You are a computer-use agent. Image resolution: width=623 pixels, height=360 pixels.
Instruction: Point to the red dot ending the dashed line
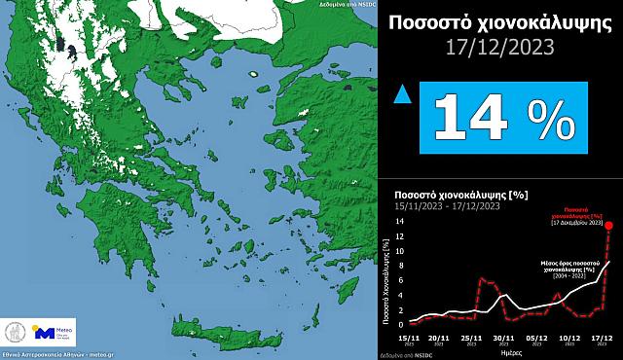(609, 226)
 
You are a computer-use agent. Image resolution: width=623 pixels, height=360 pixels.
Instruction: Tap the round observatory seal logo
(17, 333)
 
